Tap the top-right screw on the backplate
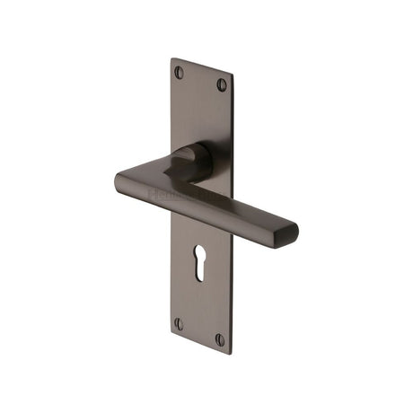[x=222, y=85]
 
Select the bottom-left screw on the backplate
[x=179, y=322]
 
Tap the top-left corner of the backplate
[x=171, y=60]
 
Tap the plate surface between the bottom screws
[x=199, y=331]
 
